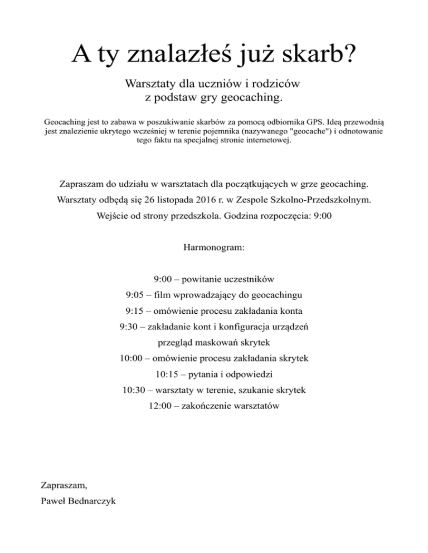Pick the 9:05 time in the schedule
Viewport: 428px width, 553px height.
tap(136, 294)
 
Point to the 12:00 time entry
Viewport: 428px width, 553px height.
tap(160, 406)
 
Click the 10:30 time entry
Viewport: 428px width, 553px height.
tap(134, 390)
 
